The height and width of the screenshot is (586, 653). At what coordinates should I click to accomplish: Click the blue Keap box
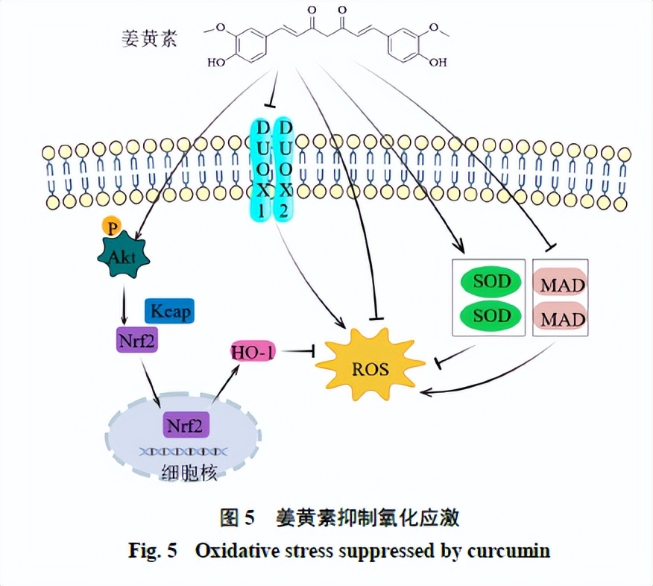(170, 311)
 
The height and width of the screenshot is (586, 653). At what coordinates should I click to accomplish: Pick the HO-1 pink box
(252, 350)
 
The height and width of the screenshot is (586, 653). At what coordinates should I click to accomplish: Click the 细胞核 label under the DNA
(186, 472)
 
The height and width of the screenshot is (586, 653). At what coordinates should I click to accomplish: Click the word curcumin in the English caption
(509, 552)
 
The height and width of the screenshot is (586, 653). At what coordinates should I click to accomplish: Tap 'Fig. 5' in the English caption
(152, 552)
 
